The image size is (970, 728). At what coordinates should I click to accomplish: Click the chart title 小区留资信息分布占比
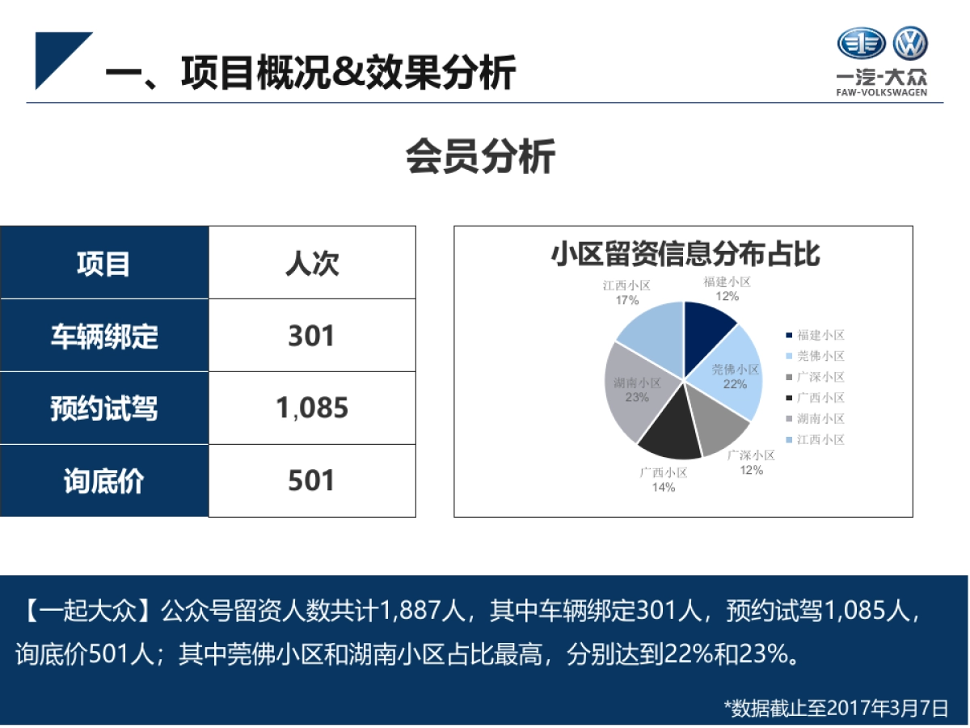(684, 254)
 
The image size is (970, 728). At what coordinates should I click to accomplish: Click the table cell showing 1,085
(312, 408)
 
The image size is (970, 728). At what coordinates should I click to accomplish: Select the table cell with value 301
(312, 336)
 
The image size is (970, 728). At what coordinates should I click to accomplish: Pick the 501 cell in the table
(312, 481)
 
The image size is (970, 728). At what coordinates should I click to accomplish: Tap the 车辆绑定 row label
(104, 336)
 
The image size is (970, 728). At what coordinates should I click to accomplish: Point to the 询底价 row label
(104, 481)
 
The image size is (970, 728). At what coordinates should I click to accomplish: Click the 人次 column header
(312, 264)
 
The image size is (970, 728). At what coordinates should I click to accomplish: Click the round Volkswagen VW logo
(910, 44)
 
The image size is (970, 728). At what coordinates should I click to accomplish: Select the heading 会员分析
(480, 156)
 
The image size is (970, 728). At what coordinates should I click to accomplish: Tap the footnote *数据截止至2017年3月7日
(836, 709)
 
